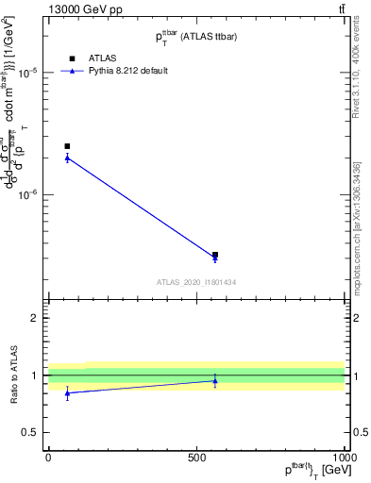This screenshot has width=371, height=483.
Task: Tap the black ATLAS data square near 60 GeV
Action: pyautogui.click(x=67, y=146)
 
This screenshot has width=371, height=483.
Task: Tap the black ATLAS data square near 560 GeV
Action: pyautogui.click(x=215, y=255)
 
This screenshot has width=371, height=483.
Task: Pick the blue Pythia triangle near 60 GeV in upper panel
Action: pyautogui.click(x=67, y=158)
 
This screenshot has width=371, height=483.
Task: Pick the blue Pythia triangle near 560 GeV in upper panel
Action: pyautogui.click(x=215, y=258)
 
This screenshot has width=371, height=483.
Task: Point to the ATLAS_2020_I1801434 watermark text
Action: pyautogui.click(x=196, y=282)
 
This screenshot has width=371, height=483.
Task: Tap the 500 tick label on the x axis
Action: pyautogui.click(x=196, y=456)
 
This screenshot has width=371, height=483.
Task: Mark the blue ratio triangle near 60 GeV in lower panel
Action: pyautogui.click(x=67, y=393)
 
